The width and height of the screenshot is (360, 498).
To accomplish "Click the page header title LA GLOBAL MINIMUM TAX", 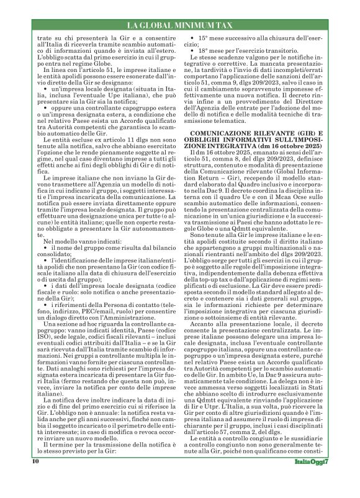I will (179, 25).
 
